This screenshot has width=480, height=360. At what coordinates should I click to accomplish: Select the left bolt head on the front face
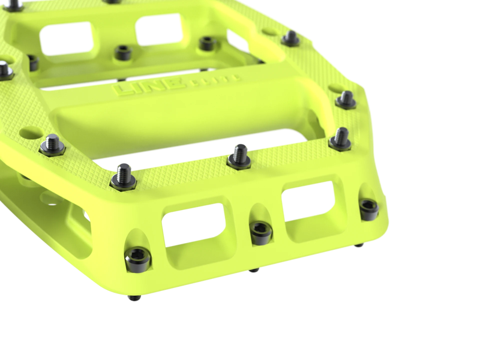click(137, 259)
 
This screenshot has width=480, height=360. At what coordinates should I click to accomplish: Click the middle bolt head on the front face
click(261, 232)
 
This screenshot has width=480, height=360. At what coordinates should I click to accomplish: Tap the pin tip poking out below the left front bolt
click(136, 297)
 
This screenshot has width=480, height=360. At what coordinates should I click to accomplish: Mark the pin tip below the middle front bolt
click(254, 269)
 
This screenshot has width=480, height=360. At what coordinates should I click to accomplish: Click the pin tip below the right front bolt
click(358, 244)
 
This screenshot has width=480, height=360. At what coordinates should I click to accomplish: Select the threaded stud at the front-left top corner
click(123, 177)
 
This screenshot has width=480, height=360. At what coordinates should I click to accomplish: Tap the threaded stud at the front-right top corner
click(341, 139)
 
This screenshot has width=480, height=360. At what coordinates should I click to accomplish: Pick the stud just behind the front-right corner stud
click(346, 99)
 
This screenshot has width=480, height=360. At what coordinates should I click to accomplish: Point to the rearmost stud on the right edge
click(291, 38)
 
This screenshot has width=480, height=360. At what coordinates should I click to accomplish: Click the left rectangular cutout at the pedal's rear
click(66, 38)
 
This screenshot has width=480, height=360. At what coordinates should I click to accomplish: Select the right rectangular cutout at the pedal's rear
click(158, 29)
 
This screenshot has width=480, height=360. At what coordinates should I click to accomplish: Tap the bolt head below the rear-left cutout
click(123, 53)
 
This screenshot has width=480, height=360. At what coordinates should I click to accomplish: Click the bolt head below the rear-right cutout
click(207, 43)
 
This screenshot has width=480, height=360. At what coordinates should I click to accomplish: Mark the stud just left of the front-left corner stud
click(52, 144)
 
